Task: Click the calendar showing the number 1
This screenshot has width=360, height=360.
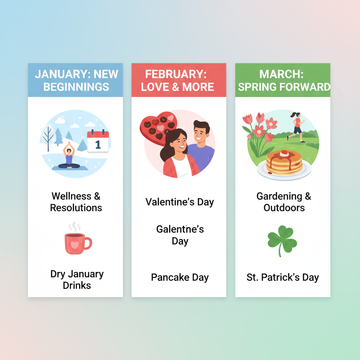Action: [x=98, y=141]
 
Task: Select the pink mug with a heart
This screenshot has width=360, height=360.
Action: [x=78, y=244]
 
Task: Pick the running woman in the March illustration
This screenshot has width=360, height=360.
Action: [x=296, y=128]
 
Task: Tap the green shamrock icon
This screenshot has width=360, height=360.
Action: [x=282, y=241]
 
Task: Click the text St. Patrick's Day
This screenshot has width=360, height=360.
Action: [x=283, y=277]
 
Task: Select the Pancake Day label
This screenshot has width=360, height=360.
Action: [x=180, y=277]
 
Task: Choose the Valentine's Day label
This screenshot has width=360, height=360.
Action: [x=180, y=202]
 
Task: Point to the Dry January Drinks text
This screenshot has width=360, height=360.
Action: [x=77, y=279]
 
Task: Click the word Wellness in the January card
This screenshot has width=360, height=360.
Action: [x=71, y=196]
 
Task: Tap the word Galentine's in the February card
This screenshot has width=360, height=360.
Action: [x=180, y=229]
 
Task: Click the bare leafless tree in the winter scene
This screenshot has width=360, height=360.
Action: [x=48, y=139]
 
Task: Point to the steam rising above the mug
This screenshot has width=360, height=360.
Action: [x=75, y=227]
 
